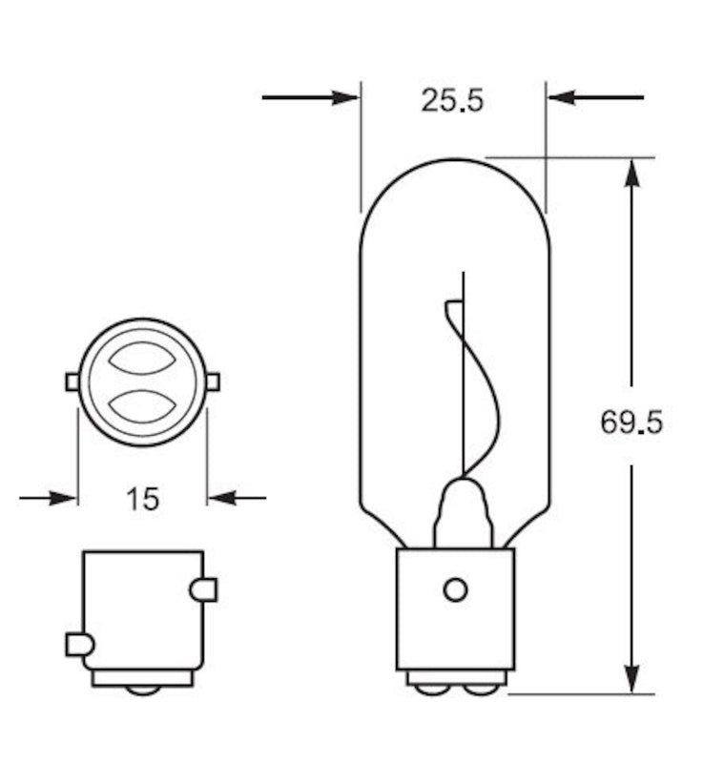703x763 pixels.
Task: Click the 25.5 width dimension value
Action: pyautogui.click(x=452, y=99)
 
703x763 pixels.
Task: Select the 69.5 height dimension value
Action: pyautogui.click(x=631, y=421)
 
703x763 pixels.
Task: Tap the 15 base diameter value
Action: pyautogui.click(x=142, y=498)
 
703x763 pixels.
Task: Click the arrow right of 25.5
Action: pyautogui.click(x=595, y=97)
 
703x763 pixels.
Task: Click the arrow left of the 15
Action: pyautogui.click(x=48, y=497)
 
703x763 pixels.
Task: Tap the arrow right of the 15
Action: pyautogui.click(x=237, y=497)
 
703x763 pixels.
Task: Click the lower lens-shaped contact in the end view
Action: pyautogui.click(x=142, y=405)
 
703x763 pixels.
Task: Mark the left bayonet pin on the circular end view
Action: pyautogui.click(x=72, y=381)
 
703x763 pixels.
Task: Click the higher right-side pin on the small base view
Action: pyautogui.click(x=204, y=589)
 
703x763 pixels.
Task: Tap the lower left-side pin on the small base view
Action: pyautogui.click(x=78, y=645)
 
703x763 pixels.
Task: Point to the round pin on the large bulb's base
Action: pyautogui.click(x=455, y=589)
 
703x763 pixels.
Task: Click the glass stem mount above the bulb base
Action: pyautogui.click(x=463, y=515)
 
